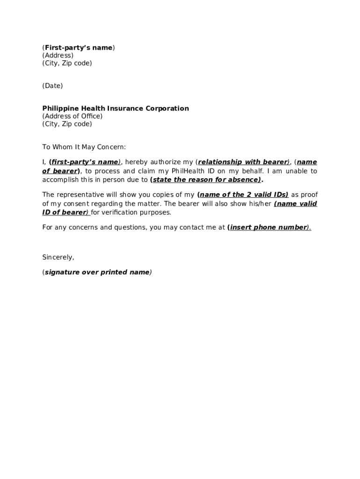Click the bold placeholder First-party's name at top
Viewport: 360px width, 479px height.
pyautogui.click(x=79, y=48)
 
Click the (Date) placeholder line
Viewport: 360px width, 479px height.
pyautogui.click(x=52, y=86)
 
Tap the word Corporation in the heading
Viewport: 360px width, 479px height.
pyautogui.click(x=167, y=109)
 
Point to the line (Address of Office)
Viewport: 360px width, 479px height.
pyautogui.click(x=72, y=116)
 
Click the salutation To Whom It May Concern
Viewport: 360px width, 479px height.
pyautogui.click(x=84, y=147)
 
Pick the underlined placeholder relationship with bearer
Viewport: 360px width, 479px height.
pyautogui.click(x=243, y=162)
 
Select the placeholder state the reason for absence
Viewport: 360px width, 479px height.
pyautogui.click(x=206, y=180)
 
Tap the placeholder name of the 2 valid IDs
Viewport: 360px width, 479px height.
pyautogui.click(x=243, y=195)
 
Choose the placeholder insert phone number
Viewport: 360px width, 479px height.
pyautogui.click(x=269, y=227)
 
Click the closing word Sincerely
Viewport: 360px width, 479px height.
pyautogui.click(x=58, y=257)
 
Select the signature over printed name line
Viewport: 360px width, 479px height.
pyautogui.click(x=97, y=272)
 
